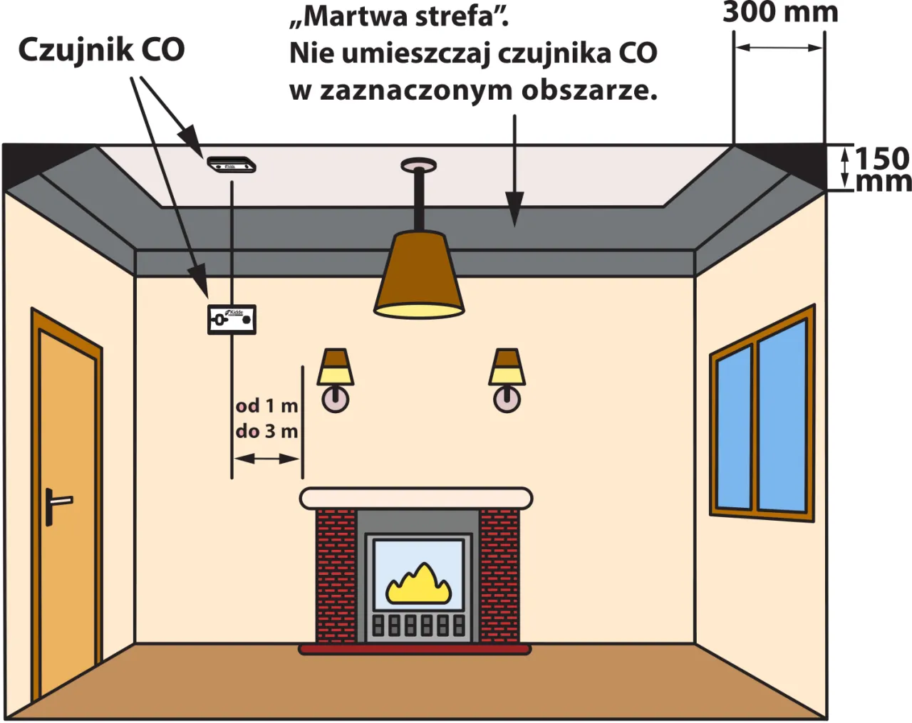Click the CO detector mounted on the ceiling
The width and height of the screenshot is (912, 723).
click(231, 165)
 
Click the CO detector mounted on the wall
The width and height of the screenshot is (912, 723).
click(232, 319)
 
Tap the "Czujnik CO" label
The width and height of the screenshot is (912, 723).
click(101, 50)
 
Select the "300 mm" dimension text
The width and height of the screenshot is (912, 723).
click(780, 12)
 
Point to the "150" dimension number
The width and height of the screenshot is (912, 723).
click(882, 158)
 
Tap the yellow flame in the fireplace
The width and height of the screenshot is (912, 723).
click(418, 584)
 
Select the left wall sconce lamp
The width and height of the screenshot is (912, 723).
click(335, 378)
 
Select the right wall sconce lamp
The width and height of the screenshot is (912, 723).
click(507, 378)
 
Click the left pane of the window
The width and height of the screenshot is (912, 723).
click(733, 427)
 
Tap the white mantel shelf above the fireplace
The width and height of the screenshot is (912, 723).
click(416, 498)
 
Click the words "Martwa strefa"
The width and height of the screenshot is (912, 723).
click(399, 16)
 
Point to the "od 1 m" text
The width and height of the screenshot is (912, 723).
click(266, 405)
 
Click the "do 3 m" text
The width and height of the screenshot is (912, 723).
click(266, 431)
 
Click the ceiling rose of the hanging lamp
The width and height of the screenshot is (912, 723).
click(419, 165)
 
